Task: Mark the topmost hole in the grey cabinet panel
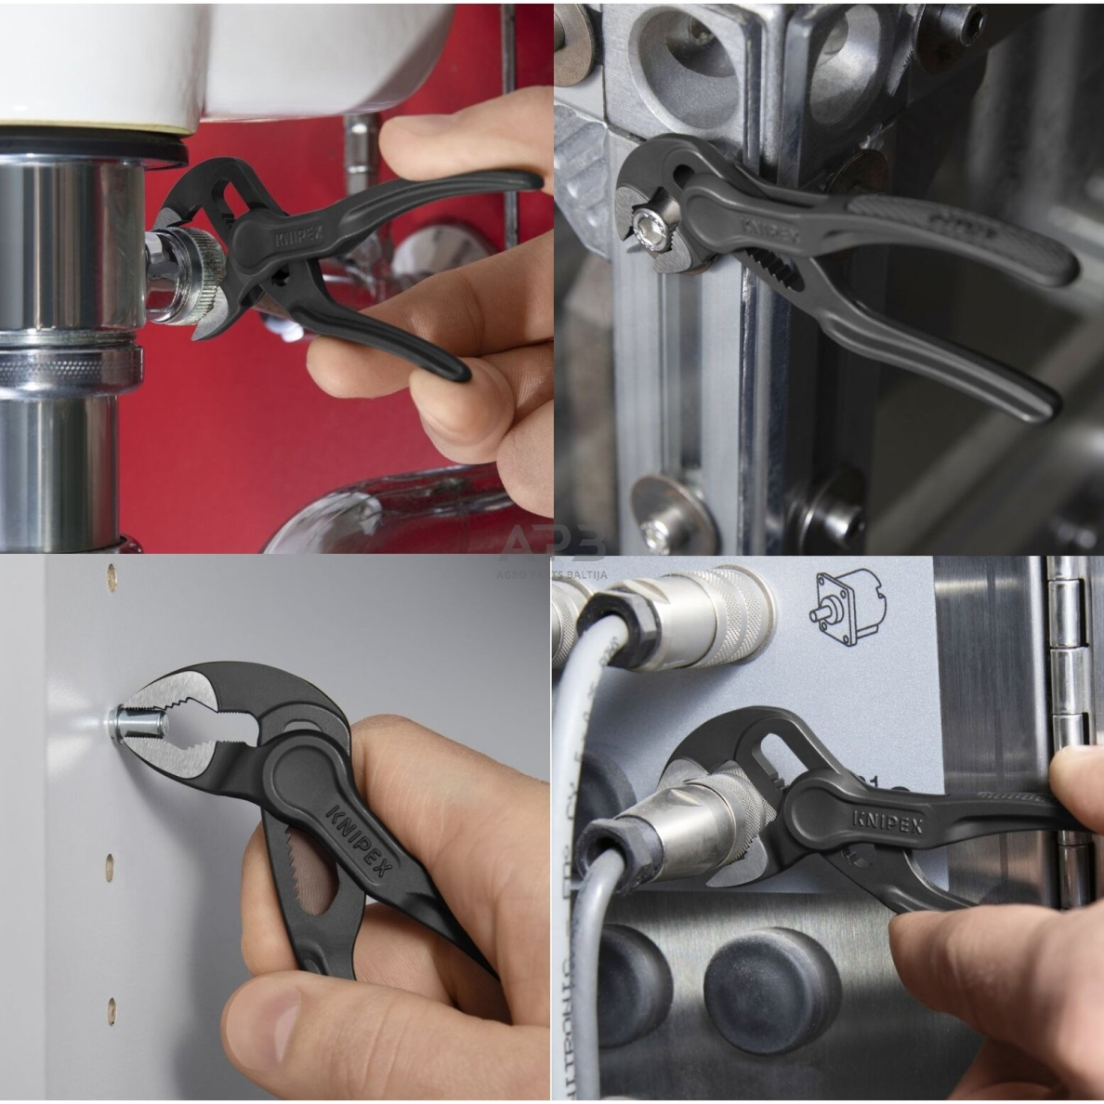[x=112, y=577]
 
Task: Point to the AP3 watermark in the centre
[x=552, y=543]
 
